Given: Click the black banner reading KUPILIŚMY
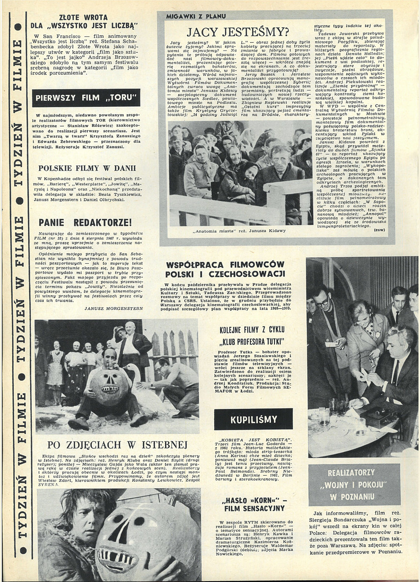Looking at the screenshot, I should coord(253,419).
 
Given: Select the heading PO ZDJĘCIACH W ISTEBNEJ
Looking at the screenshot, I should coord(118,445).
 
